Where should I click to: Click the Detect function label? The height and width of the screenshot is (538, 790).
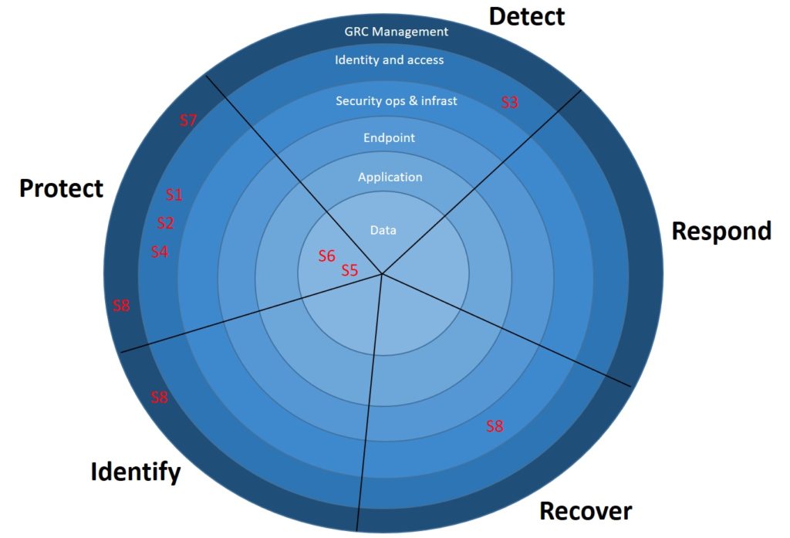(x=527, y=16)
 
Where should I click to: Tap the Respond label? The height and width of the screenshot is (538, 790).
(x=721, y=231)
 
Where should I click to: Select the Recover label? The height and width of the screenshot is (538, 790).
(x=586, y=510)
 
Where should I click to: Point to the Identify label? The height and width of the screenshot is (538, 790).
(x=136, y=471)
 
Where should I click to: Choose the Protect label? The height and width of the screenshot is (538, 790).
(x=61, y=188)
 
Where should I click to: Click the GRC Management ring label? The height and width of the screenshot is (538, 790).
(x=396, y=32)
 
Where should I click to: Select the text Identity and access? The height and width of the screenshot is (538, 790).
(x=390, y=59)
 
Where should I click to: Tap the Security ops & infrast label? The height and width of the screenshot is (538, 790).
(x=397, y=100)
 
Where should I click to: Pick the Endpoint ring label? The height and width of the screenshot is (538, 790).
(x=389, y=138)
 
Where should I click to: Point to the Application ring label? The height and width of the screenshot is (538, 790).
(x=390, y=177)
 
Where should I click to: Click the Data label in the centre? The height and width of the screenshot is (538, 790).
(x=383, y=230)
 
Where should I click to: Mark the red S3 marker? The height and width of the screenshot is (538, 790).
(x=510, y=102)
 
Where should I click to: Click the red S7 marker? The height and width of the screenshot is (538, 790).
(x=189, y=120)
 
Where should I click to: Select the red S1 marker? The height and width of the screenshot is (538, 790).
(x=174, y=195)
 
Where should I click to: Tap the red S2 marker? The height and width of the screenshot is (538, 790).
(x=165, y=223)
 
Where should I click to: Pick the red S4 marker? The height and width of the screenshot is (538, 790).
(x=159, y=251)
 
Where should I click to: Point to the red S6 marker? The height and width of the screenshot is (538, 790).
(x=327, y=255)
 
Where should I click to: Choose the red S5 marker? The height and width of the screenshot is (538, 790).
(x=350, y=270)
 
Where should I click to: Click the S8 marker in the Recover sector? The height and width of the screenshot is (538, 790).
(x=495, y=425)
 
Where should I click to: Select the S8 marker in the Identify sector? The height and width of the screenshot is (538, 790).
(x=159, y=398)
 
